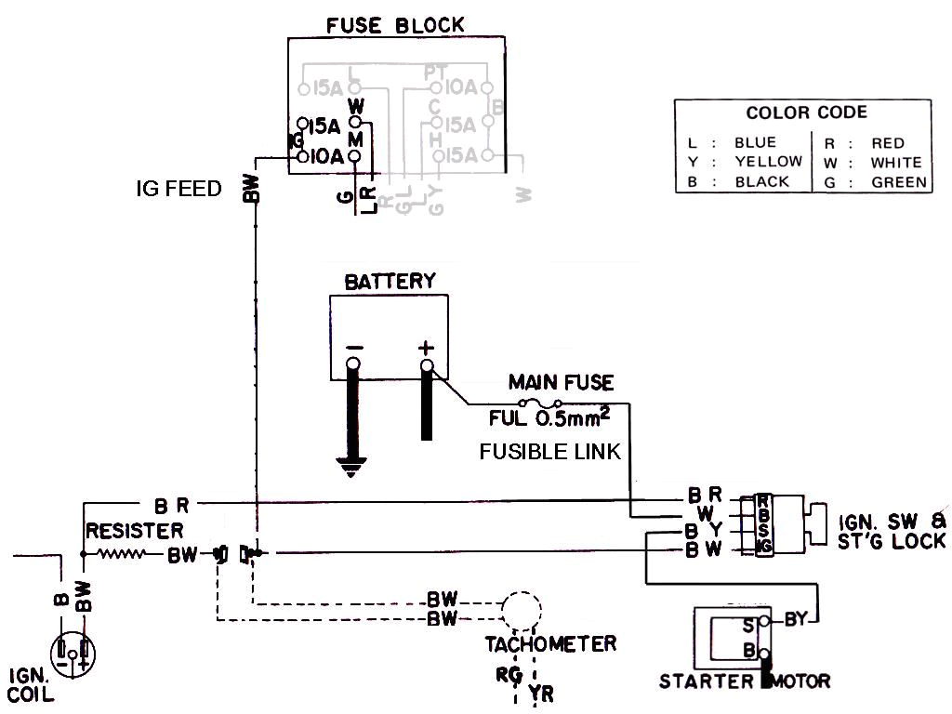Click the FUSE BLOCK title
point(395,25)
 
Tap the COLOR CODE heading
point(806,112)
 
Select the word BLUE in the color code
point(754,143)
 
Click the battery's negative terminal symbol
point(354,350)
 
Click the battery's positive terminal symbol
point(426,350)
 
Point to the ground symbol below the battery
point(350,466)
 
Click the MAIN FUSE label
point(561,382)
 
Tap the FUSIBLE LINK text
point(549,452)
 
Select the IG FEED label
point(178,190)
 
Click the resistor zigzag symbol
point(120,555)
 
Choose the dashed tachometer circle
point(521,610)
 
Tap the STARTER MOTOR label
point(745,681)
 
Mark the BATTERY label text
point(390,281)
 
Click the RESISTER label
point(134,531)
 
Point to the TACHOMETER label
point(549,643)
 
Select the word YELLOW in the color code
point(768,162)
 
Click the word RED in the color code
point(888,143)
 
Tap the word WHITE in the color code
point(896,163)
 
